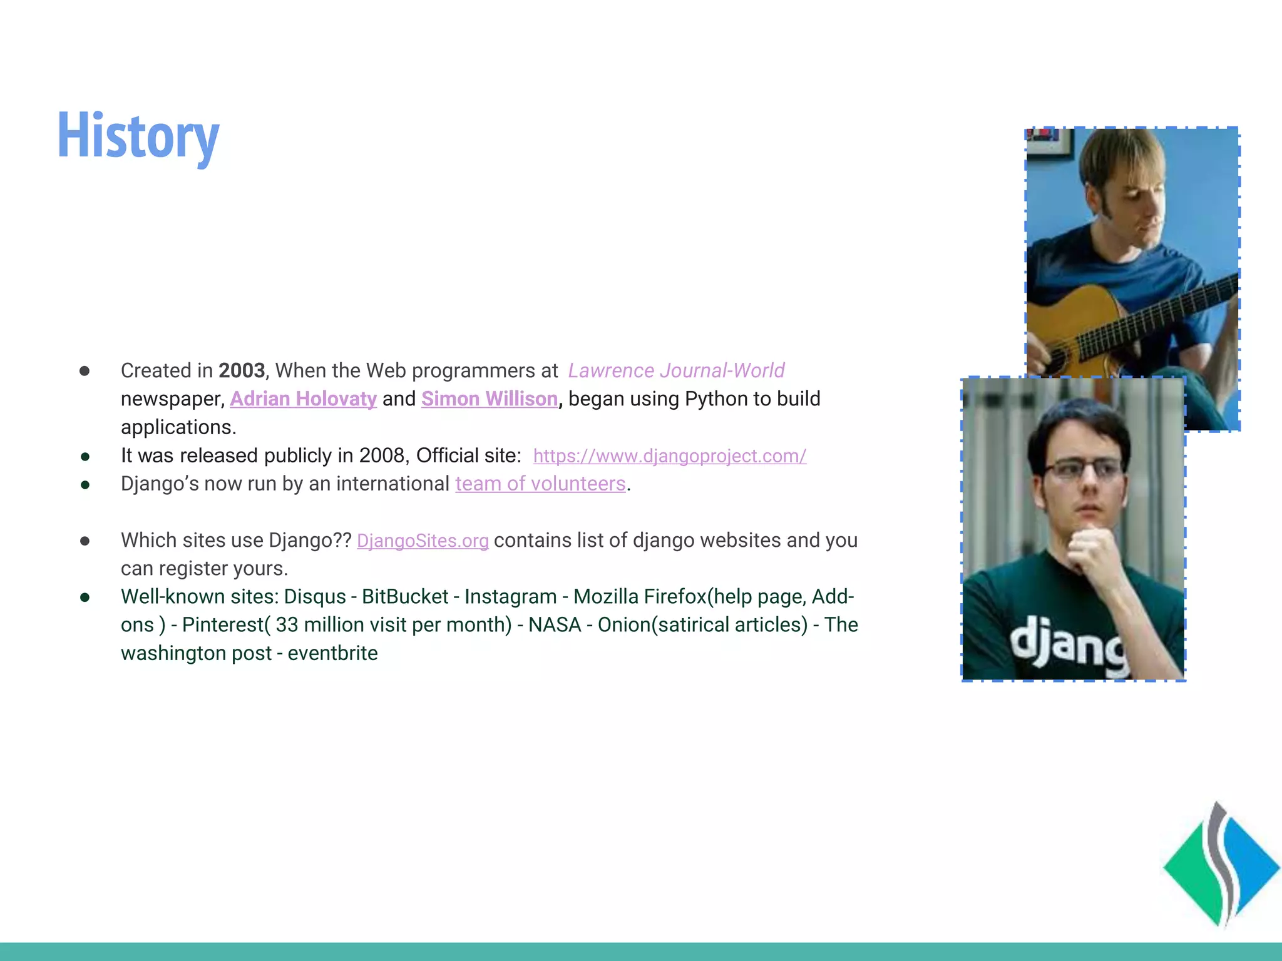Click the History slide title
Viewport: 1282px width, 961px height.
pos(138,136)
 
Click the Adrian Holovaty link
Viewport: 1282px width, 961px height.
pos(303,399)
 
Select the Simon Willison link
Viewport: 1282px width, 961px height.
pos(489,399)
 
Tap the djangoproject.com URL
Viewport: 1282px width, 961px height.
pos(669,455)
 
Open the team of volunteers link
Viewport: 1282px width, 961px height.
pos(540,484)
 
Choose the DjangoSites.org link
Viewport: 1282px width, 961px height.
pos(423,541)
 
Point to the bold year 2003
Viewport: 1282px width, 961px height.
pos(242,370)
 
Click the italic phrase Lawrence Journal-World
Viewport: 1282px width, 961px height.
pos(676,370)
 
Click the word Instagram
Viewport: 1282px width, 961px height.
pos(510,597)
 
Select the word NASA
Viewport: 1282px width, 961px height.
pos(555,625)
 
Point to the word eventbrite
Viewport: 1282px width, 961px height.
pos(332,653)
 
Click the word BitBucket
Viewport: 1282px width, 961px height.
pos(405,597)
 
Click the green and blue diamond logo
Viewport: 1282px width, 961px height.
pos(1221,867)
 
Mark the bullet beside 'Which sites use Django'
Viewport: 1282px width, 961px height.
pos(85,541)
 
